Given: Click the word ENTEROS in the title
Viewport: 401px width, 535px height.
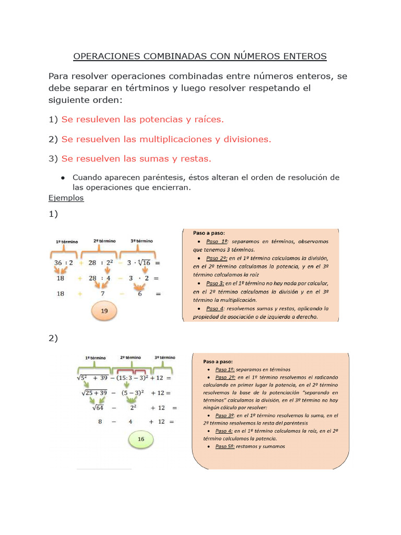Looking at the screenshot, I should pyautogui.click(x=302, y=56).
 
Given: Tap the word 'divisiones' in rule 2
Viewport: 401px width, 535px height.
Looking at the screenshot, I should pyautogui.click(x=246, y=139).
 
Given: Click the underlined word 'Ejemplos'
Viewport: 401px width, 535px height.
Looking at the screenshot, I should pyautogui.click(x=66, y=198).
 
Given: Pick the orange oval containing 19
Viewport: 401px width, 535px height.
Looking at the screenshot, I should pyautogui.click(x=104, y=311).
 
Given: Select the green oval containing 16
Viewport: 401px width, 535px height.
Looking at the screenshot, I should pyautogui.click(x=141, y=439).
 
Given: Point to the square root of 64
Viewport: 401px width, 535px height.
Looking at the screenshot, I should pyautogui.click(x=95, y=408).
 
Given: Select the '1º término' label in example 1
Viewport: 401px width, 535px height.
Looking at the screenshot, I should pyautogui.click(x=67, y=242).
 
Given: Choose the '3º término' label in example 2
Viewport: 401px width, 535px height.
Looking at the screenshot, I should pyautogui.click(x=165, y=357).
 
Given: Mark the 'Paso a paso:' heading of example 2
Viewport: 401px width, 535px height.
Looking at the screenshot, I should pyautogui.click(x=218, y=361).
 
